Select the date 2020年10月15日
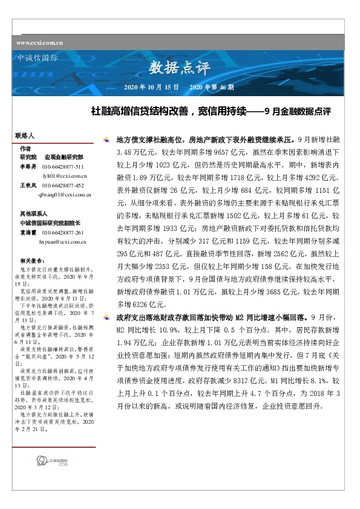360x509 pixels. (151, 88)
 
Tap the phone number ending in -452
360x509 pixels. (64, 186)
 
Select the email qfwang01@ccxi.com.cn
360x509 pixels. (64, 194)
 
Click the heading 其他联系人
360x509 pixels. (34, 214)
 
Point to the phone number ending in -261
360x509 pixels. (64, 232)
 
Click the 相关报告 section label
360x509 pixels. (31, 259)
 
